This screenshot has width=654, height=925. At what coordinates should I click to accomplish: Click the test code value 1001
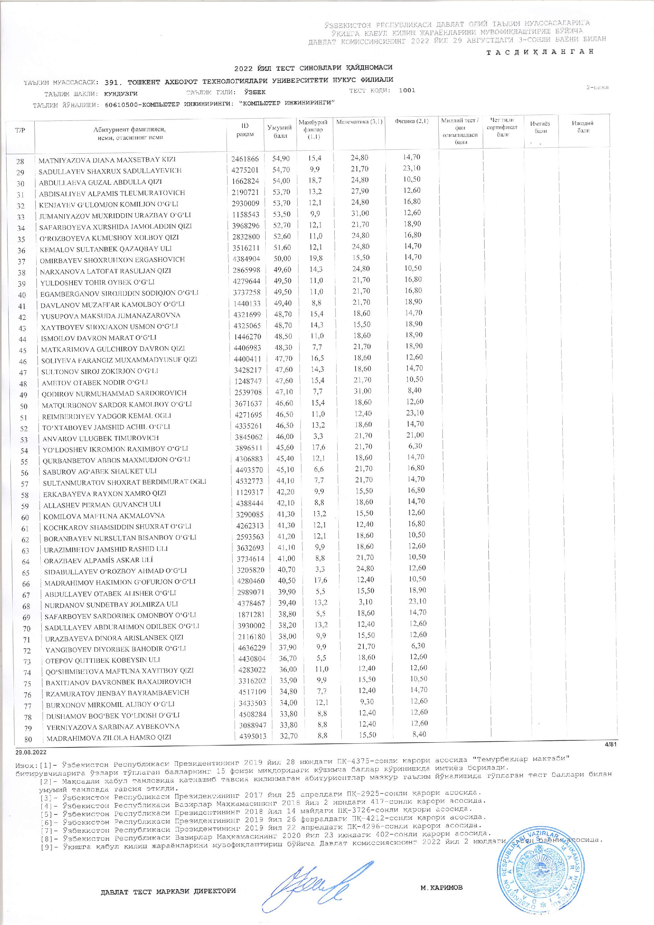[x=407, y=90]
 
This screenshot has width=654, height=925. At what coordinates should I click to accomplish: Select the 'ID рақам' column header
[x=245, y=130]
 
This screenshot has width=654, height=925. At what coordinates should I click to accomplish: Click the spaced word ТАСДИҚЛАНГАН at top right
[x=540, y=51]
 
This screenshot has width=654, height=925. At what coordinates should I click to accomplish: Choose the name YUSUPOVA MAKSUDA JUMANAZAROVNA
[x=110, y=315]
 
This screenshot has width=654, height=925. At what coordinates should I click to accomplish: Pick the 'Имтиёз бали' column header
[x=540, y=127]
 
